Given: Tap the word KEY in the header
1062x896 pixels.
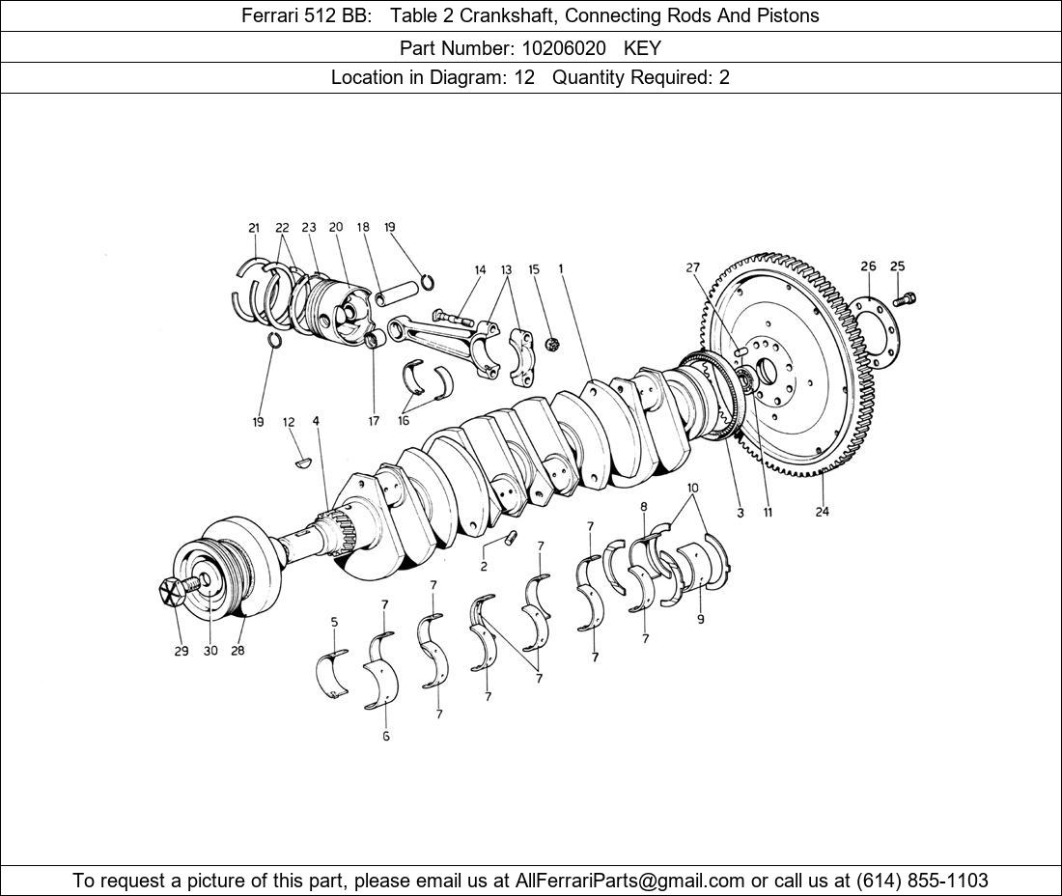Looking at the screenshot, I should (642, 46).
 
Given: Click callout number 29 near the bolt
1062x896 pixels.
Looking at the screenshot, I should (182, 651).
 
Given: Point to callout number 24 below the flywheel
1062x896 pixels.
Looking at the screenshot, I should (822, 512).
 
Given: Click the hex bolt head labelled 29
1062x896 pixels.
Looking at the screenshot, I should (172, 591).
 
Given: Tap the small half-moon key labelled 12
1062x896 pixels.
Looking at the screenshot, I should (302, 462).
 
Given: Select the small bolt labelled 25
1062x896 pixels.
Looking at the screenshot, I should (905, 299).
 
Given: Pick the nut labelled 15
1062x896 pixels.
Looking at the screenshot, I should (553, 343).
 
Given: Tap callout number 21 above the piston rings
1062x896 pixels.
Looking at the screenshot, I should (254, 228).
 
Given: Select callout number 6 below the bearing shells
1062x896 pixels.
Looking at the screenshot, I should (385, 736).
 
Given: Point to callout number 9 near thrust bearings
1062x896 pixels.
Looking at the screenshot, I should (701, 619).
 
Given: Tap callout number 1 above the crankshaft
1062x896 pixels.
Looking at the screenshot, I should (561, 269).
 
